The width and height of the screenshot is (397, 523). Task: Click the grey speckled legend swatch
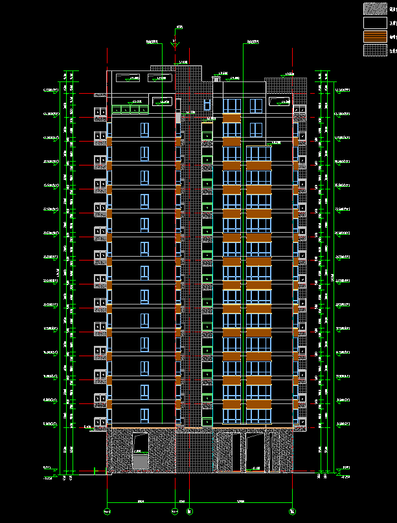coord(374,9)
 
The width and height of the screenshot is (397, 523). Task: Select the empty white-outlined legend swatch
coord(374,23)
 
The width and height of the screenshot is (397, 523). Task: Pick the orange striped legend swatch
coord(374,36)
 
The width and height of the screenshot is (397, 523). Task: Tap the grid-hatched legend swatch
coord(374,50)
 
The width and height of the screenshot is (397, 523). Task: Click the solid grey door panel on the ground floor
coord(140,462)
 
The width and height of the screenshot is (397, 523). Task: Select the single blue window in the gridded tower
coord(207,105)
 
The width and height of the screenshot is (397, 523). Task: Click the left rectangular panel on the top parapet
coord(128,78)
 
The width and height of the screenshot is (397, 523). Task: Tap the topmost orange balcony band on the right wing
coord(231,118)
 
